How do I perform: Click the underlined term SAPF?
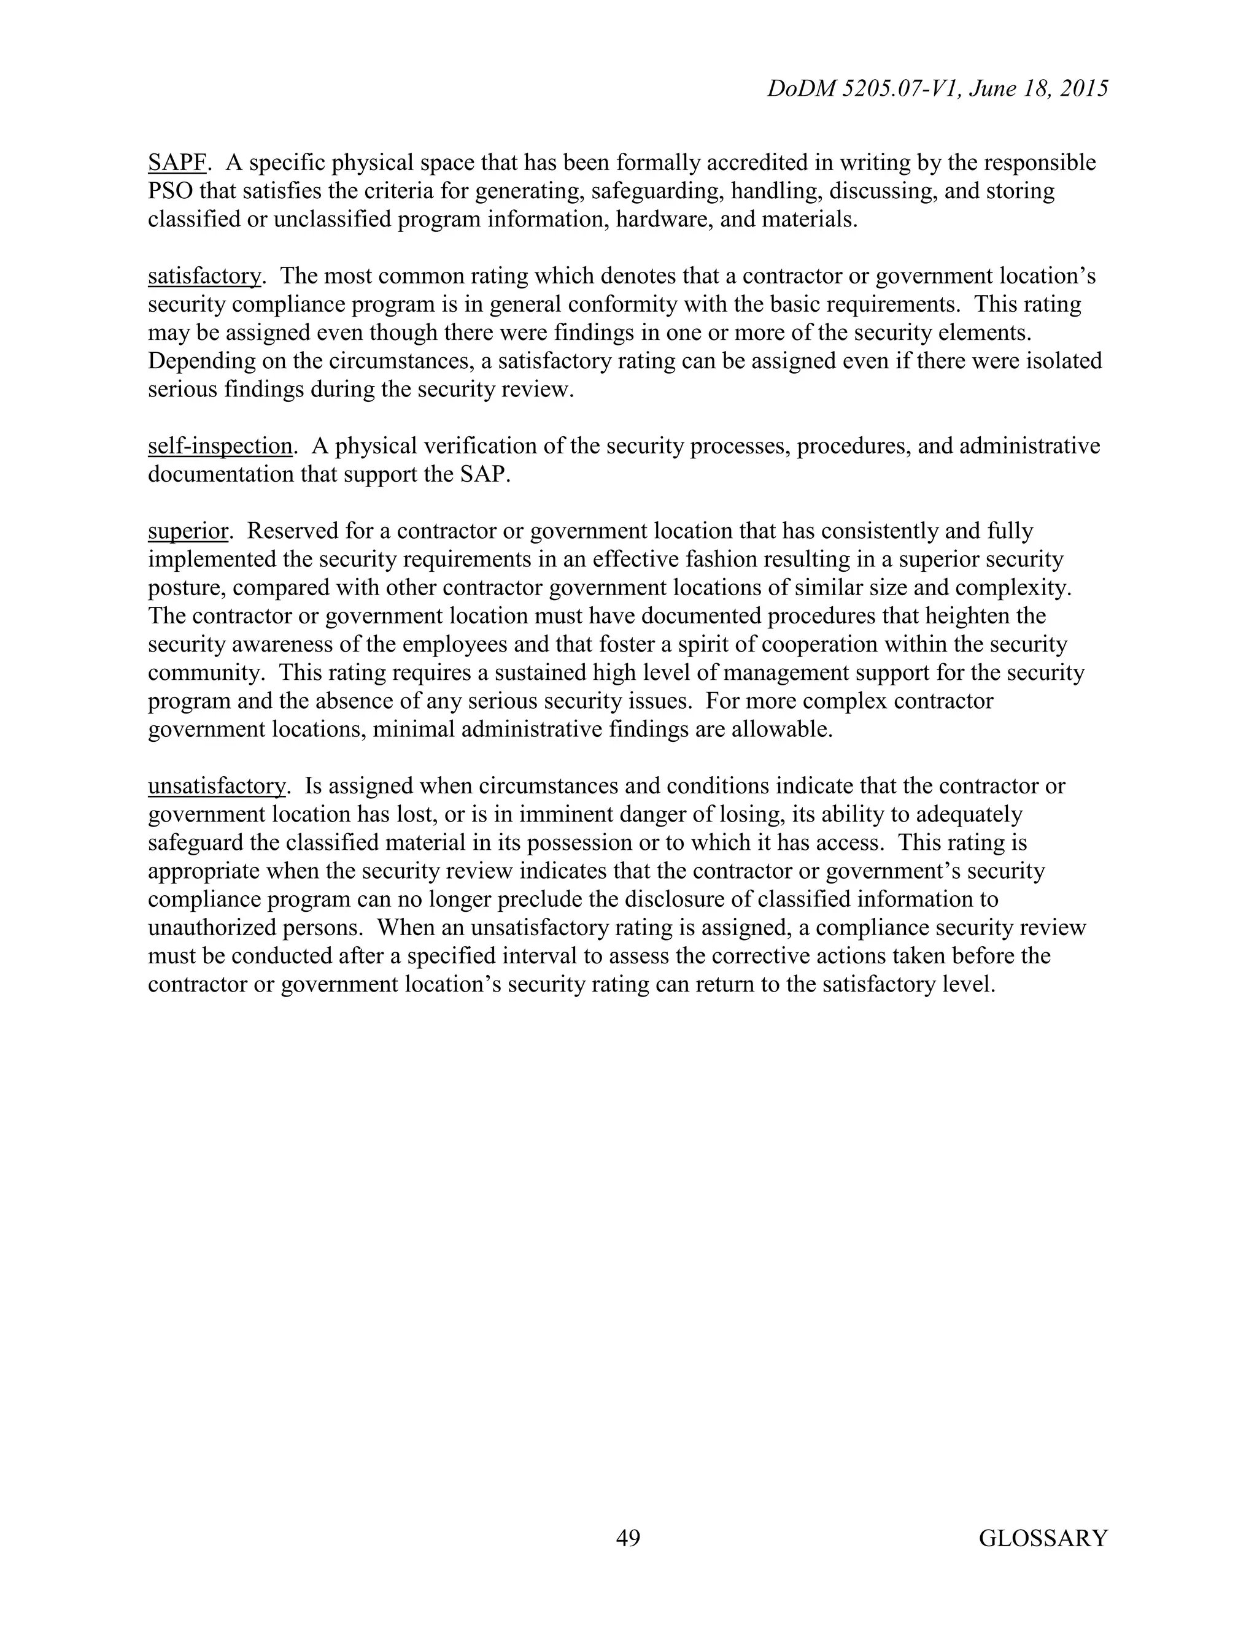pyautogui.click(x=177, y=163)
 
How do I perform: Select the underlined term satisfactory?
pyautogui.click(x=204, y=276)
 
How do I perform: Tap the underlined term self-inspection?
pyautogui.click(x=220, y=446)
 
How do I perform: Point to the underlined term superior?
pyautogui.click(x=188, y=531)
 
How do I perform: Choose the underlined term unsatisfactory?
pyautogui.click(x=216, y=786)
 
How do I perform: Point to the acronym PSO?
pyautogui.click(x=171, y=191)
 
